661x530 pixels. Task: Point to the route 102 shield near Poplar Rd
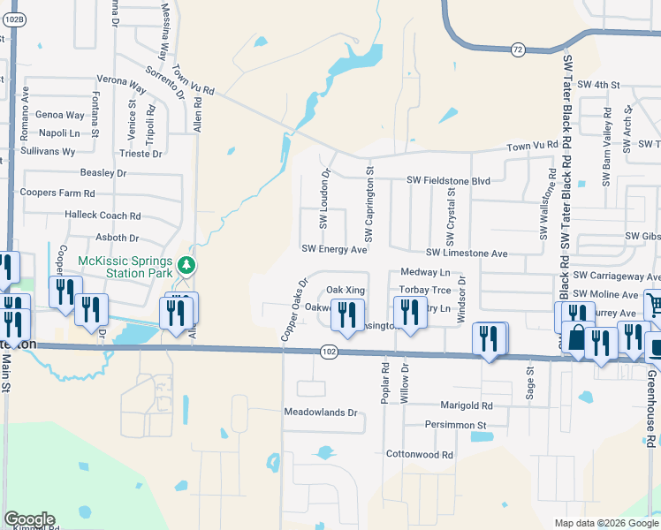pos(329,352)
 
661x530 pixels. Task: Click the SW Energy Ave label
pos(334,250)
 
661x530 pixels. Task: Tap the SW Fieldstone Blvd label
pos(448,180)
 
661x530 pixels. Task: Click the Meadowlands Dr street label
pos(320,413)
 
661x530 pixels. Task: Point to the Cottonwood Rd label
pos(420,455)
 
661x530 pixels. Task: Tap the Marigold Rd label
pos(466,405)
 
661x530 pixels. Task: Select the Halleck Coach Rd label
pos(103,216)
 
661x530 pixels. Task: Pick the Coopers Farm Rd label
pos(57,193)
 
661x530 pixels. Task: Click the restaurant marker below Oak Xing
pos(348,314)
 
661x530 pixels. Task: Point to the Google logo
pos(29,519)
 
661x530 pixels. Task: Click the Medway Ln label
pos(425,273)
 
